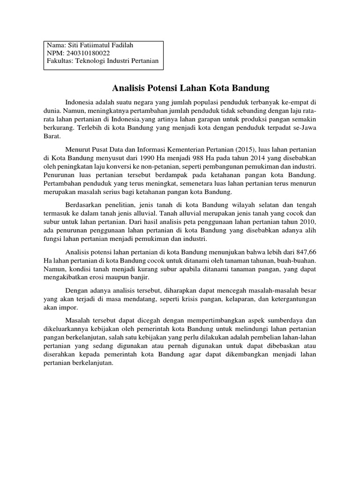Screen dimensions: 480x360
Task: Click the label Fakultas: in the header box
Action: click(x=60, y=60)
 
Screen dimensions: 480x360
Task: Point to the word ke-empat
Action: click(x=295, y=102)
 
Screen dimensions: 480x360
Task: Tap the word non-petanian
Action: click(x=172, y=166)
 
